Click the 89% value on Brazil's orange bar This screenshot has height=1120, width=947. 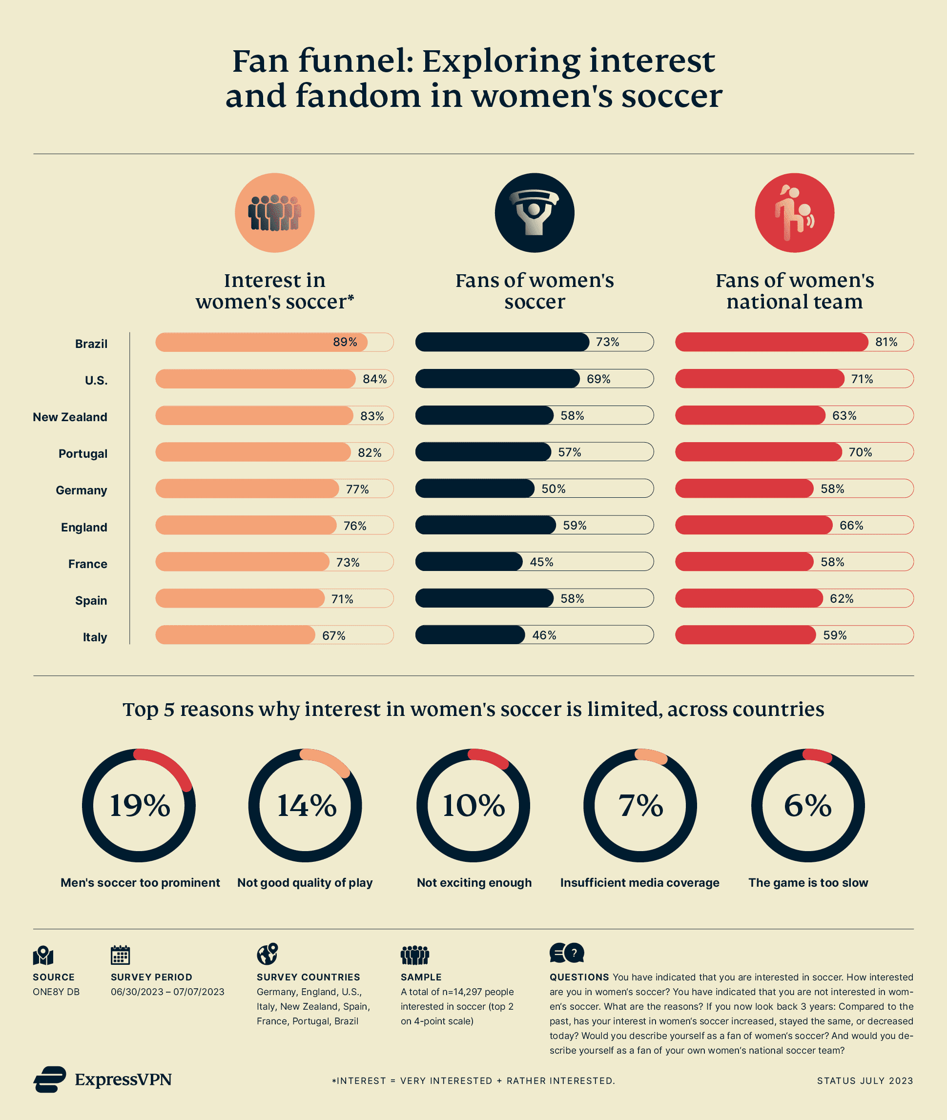coord(345,342)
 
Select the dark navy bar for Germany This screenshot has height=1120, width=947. coord(474,489)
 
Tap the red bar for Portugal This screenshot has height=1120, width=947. coord(758,452)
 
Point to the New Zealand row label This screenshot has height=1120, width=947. coord(70,417)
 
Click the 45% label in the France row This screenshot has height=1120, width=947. coord(541,562)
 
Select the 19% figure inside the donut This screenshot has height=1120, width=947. coord(140,806)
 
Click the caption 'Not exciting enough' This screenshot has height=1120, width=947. coord(474,883)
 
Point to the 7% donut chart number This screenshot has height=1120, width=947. coord(640,806)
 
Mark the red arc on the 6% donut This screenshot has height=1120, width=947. coord(817,755)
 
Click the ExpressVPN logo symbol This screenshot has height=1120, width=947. coord(50,1079)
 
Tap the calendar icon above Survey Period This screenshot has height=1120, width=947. coord(120,955)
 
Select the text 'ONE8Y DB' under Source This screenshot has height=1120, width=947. coord(56,992)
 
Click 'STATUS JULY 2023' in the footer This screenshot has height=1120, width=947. coord(865,1081)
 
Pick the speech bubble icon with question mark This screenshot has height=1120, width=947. coord(566,953)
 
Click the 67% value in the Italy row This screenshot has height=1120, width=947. coord(333,635)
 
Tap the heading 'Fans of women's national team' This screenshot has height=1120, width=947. coord(794,291)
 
